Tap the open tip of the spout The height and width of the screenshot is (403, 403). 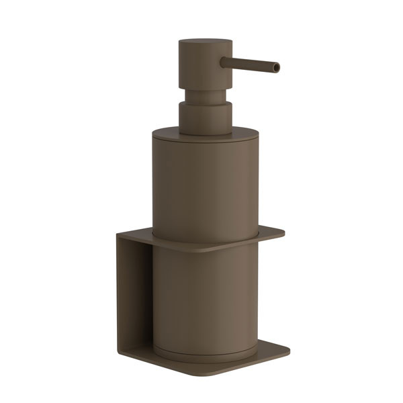tap(276, 67)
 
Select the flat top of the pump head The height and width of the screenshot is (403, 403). tap(206, 42)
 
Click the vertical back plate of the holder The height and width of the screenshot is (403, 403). tap(134, 296)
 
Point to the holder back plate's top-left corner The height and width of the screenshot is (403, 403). tap(119, 236)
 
